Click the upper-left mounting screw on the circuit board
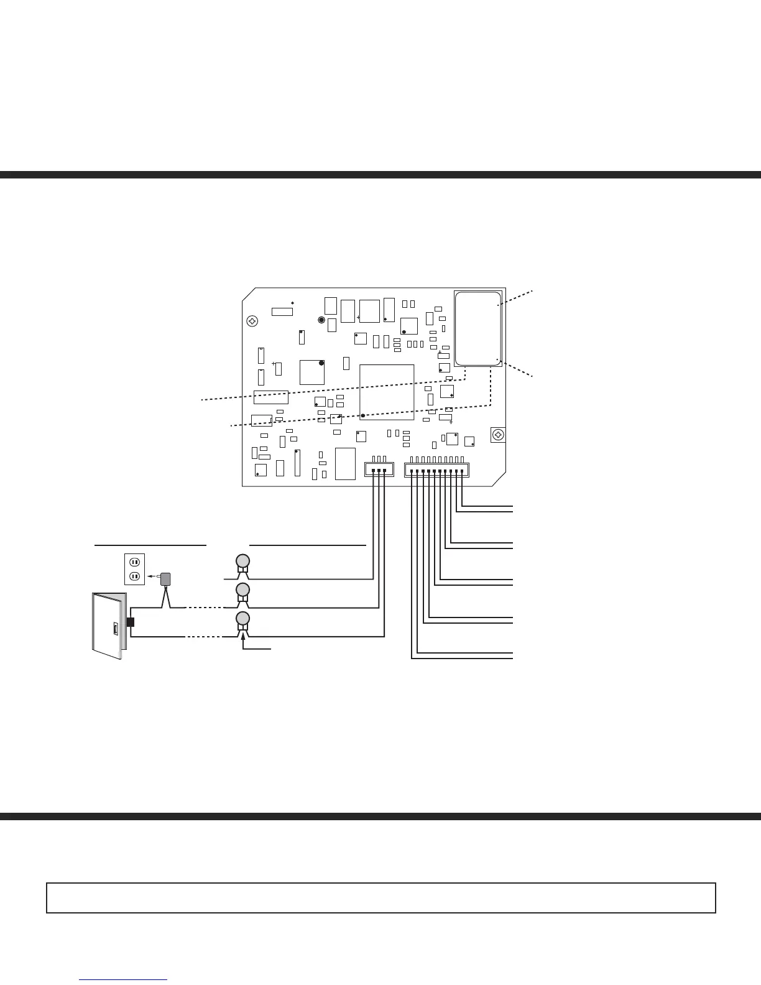(x=252, y=321)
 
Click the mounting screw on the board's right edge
(x=497, y=435)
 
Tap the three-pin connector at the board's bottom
(x=379, y=469)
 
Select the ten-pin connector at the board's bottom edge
(x=436, y=469)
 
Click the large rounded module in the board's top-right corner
(x=478, y=328)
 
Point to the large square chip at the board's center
(x=387, y=392)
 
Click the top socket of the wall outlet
(x=134, y=562)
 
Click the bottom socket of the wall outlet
(x=134, y=576)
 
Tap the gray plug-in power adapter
(x=165, y=578)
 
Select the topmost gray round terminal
(x=243, y=560)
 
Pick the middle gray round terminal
(x=243, y=589)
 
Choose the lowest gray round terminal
(x=243, y=618)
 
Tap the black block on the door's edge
(x=130, y=622)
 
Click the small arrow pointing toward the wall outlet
(x=152, y=577)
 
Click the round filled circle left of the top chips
(x=321, y=320)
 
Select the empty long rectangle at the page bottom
(x=380, y=898)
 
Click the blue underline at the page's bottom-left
(x=123, y=980)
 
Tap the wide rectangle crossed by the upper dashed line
(x=270, y=397)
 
